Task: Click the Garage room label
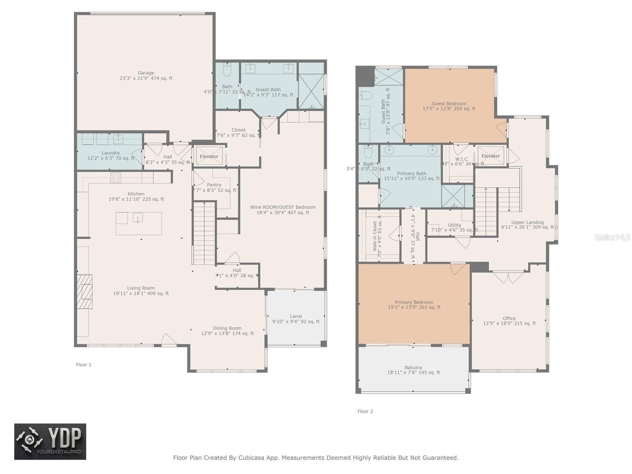pos(146,73)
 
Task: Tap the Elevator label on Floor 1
pos(209,156)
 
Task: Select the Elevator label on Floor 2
pos(491,156)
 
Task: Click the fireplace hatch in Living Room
pos(85,292)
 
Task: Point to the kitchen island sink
pos(137,218)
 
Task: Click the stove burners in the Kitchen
pos(116,177)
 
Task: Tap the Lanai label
pos(296,316)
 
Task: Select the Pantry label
pos(214,185)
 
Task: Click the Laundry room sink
pos(118,139)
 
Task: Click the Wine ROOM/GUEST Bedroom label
pos(283,207)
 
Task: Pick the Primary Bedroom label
pos(414,302)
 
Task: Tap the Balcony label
pos(414,367)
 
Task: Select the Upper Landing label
pos(527,222)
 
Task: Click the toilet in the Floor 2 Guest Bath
pos(366,96)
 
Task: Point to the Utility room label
pos(454,225)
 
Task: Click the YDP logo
pos(50,442)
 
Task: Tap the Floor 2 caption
pos(365,411)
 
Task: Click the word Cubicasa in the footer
pos(253,458)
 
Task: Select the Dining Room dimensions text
pos(228,333)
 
